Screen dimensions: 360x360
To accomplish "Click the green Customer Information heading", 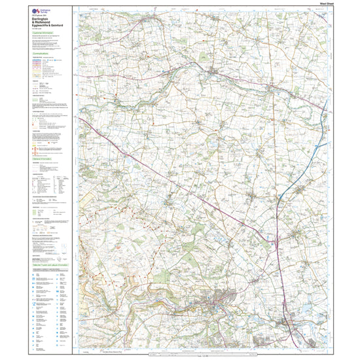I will click(43, 40).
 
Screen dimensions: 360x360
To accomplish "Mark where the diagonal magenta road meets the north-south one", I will click(276, 243).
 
